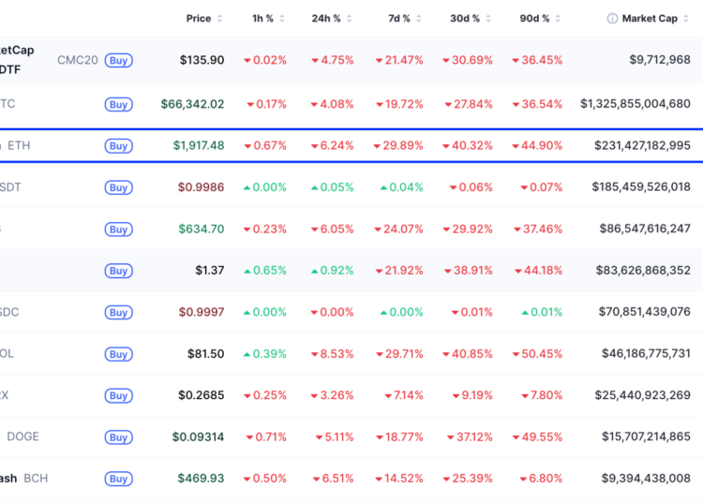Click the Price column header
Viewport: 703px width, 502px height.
[x=199, y=18]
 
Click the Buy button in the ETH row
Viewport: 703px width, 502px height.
[x=118, y=146]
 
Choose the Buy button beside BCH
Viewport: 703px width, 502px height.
[x=118, y=479]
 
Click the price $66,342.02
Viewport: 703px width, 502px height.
[x=192, y=104]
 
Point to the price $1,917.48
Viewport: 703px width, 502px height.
[x=198, y=146]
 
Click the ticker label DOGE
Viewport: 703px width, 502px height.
[x=22, y=436]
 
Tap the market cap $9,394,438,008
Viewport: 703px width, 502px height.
[x=646, y=479]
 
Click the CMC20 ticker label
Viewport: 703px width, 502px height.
[x=77, y=60]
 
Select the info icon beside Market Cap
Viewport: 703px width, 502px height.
[x=612, y=18]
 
